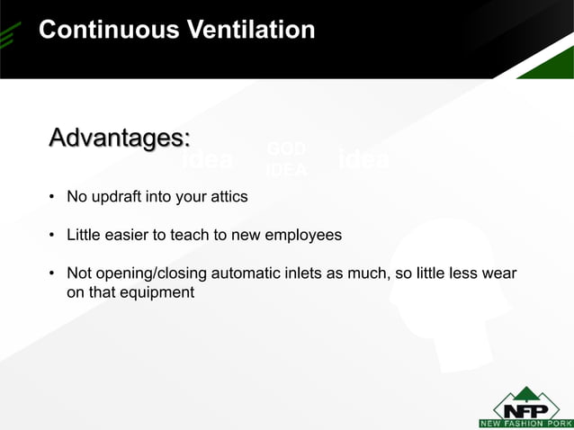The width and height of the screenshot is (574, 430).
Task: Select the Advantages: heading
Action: pos(120,139)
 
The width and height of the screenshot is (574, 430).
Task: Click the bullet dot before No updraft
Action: pos(53,197)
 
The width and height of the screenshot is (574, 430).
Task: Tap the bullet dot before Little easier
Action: pos(53,237)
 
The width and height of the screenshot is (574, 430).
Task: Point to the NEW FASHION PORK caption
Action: pos(525,423)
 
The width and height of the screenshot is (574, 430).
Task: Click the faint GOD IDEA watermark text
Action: pos(286,160)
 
